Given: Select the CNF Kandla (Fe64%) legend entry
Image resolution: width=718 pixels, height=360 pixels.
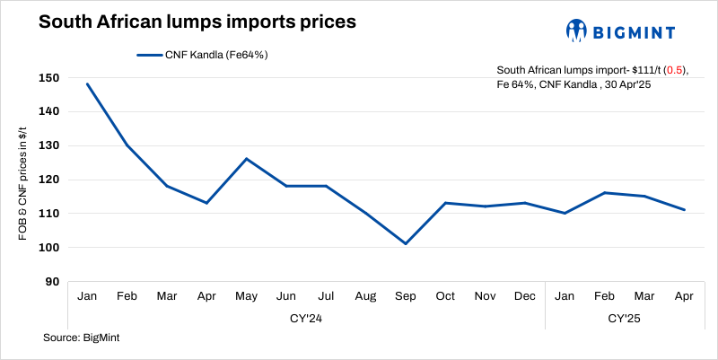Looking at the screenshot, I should [x=203, y=55].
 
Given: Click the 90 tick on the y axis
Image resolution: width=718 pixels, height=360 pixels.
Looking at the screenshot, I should [x=52, y=282].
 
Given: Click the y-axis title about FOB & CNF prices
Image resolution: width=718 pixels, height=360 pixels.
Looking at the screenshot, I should [x=22, y=180].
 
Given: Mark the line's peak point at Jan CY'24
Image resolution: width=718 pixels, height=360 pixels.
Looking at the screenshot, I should [x=88, y=83].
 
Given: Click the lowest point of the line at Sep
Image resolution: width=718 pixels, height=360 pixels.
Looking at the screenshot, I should [x=406, y=243].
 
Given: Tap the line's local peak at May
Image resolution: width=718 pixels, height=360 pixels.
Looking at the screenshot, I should [x=247, y=159].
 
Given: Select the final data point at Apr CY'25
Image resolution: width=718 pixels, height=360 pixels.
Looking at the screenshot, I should [x=685, y=210].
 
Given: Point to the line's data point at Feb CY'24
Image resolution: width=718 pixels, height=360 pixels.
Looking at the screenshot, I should [x=127, y=145].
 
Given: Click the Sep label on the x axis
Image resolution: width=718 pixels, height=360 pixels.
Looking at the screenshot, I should [x=406, y=295].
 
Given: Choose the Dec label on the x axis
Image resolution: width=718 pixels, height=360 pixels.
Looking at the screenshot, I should [x=525, y=295].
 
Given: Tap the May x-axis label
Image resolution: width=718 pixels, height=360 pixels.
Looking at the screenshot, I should [x=247, y=295].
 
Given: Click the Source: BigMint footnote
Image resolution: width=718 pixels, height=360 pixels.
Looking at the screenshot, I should [x=82, y=338].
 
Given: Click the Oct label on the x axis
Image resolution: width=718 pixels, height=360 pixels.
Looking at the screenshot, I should [x=445, y=295].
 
